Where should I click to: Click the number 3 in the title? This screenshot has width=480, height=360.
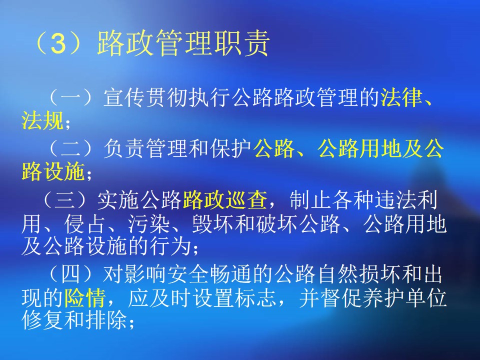click(58, 44)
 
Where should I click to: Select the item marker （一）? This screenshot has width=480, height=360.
click(70, 97)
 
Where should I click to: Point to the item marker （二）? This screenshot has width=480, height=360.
click(70, 148)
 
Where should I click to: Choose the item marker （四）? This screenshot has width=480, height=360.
click(70, 273)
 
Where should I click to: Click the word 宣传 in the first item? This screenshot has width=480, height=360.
click(124, 97)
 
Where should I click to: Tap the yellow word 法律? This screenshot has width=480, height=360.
click(401, 97)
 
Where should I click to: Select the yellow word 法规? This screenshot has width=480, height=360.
click(42, 120)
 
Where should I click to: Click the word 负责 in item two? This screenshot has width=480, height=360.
click(124, 148)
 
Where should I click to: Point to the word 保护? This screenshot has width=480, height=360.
click(231, 148)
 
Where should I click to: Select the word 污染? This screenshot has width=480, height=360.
click(149, 224)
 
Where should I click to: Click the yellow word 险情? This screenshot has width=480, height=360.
click(85, 297)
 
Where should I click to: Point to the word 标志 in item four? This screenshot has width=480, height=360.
click(256, 297)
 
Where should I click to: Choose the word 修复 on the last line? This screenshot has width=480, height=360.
click(42, 320)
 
